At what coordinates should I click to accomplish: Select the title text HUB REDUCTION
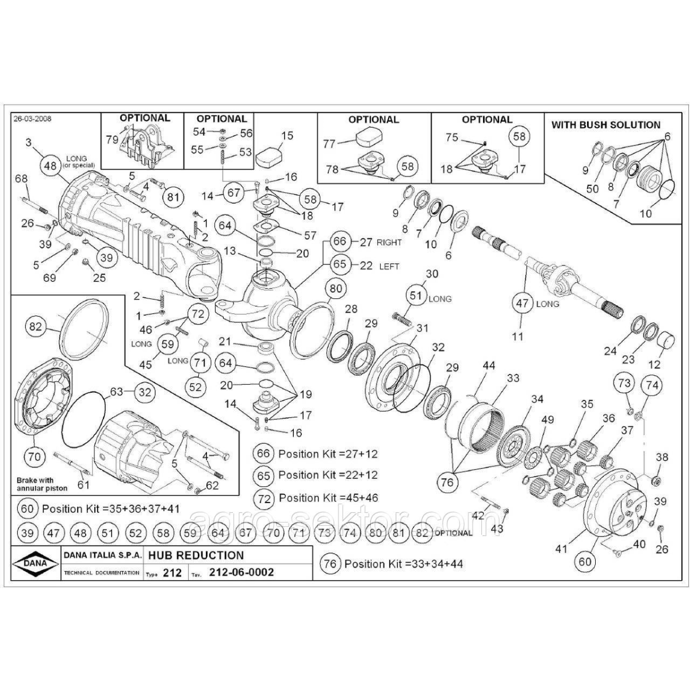[x=196, y=555]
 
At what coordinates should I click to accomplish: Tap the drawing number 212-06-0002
[x=241, y=572]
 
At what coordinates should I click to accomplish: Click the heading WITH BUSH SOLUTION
[x=606, y=125]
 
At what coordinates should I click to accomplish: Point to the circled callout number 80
[x=336, y=289]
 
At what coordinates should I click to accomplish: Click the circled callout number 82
[x=35, y=327]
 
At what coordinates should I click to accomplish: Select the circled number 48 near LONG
[x=51, y=164]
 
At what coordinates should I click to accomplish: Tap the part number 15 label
[x=287, y=136]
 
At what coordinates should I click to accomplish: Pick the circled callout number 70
[x=34, y=457]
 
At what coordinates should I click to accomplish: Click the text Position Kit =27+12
[x=328, y=454]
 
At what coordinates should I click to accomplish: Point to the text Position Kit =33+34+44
[x=404, y=563]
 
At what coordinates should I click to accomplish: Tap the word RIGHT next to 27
[x=389, y=242]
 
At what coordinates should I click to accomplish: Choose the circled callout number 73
[x=624, y=383]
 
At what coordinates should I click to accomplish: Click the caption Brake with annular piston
[x=42, y=484]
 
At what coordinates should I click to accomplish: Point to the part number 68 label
[x=21, y=179]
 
